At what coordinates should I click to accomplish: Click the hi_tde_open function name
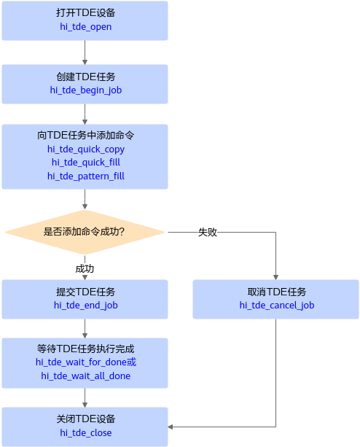point(85,27)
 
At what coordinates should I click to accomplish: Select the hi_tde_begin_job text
point(86,90)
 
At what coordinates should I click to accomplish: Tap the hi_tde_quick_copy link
point(86,149)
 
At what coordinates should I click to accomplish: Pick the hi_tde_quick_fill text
point(86,163)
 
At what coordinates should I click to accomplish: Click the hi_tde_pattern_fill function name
point(86,176)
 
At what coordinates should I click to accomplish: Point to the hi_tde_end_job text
point(86,306)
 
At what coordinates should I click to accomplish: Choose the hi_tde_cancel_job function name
point(276,306)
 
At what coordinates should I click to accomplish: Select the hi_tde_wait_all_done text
point(86,376)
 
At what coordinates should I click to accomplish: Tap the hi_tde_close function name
point(85,433)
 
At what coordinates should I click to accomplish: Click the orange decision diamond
point(85,232)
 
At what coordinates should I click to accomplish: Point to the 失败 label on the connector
point(208,232)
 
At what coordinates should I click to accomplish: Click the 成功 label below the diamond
point(85,268)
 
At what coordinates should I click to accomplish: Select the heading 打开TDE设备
point(86,13)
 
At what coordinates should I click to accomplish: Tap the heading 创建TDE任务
point(86,77)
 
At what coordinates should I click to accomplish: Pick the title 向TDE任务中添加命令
point(86,135)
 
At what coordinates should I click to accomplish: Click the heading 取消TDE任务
point(276,292)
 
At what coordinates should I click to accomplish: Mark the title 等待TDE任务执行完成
point(86,349)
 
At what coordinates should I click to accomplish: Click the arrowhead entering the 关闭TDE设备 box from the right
point(171,427)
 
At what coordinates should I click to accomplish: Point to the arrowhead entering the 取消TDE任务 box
point(275,277)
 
